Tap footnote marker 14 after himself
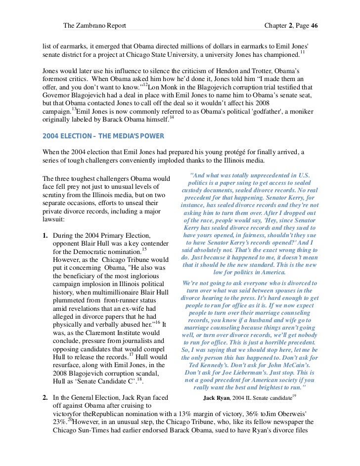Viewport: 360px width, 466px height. click(172, 117)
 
